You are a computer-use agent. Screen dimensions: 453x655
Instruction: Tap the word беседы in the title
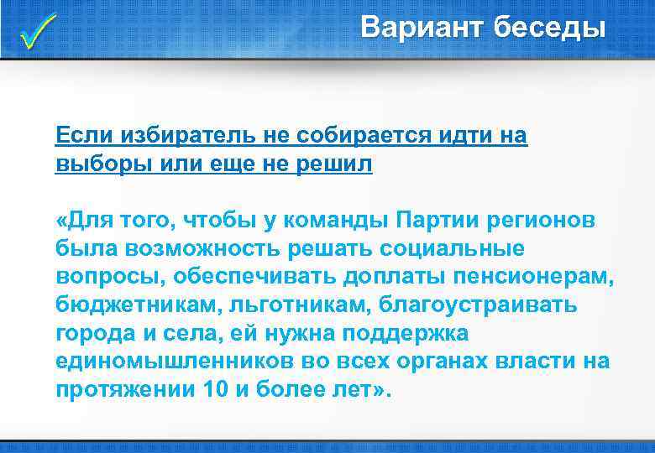tap(549, 28)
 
